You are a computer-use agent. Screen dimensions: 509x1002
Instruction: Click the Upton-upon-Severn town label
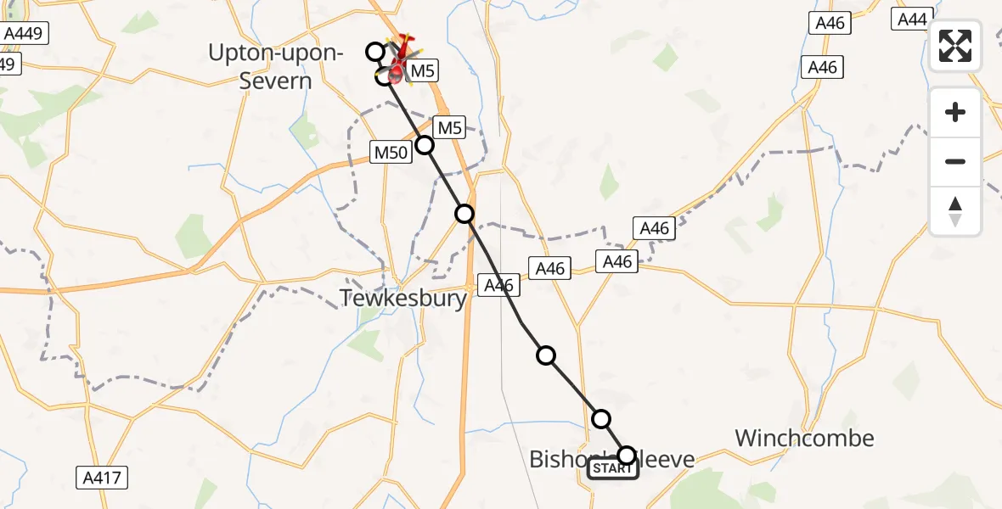(276, 67)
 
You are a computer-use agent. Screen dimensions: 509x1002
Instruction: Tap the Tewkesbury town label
(403, 298)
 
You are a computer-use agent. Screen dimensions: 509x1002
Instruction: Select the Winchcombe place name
(804, 438)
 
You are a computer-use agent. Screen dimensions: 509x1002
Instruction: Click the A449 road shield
(25, 34)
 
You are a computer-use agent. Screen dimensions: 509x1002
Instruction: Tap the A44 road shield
(912, 19)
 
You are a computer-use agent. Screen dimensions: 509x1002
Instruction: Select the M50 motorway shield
(391, 152)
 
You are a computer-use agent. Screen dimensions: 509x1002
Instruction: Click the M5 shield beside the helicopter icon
(422, 71)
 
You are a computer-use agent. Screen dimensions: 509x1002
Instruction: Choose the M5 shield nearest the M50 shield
(448, 128)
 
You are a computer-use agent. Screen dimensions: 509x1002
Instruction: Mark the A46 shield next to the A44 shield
(829, 23)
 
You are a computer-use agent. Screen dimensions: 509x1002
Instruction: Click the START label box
(613, 468)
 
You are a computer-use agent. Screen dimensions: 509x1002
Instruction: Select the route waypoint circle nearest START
(626, 455)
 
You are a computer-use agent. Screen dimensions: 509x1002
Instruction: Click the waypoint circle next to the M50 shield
(425, 145)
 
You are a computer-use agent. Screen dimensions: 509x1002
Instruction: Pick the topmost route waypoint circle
(375, 52)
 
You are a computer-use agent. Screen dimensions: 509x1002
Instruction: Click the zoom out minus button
(955, 161)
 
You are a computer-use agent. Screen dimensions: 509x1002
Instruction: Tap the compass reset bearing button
(955, 210)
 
